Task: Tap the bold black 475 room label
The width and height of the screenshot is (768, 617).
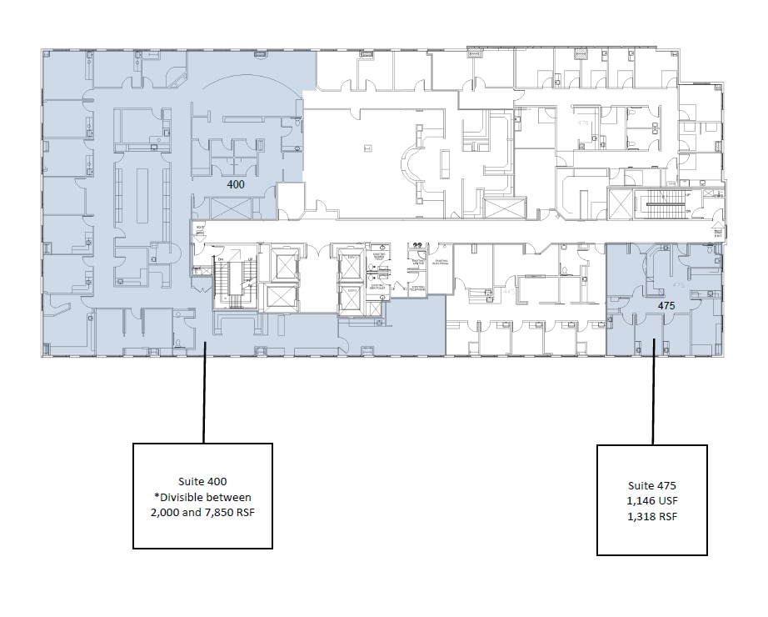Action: tap(666, 306)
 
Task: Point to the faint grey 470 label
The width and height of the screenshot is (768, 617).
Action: tap(583, 123)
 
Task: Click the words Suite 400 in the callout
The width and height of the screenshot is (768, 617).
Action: tap(202, 482)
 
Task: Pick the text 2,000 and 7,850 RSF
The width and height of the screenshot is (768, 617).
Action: tap(202, 512)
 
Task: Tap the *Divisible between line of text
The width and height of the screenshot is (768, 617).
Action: tap(202, 497)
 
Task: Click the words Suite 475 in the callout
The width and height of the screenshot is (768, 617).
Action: tap(651, 485)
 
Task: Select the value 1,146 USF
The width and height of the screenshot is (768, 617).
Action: tap(651, 500)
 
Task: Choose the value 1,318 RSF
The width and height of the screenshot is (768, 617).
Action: tap(651, 515)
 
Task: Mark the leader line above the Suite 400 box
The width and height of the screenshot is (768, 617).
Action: tap(204, 392)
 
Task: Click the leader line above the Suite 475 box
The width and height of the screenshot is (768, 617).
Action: tap(653, 392)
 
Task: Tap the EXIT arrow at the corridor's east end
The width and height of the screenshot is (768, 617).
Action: tap(717, 227)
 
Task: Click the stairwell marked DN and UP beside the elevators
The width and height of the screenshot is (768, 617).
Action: tap(233, 275)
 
